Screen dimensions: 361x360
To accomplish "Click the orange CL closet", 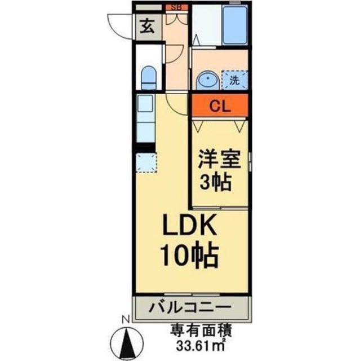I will point(219,105).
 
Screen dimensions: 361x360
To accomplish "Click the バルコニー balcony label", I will point(190,308).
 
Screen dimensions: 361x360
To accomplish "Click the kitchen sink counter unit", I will point(146,119).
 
